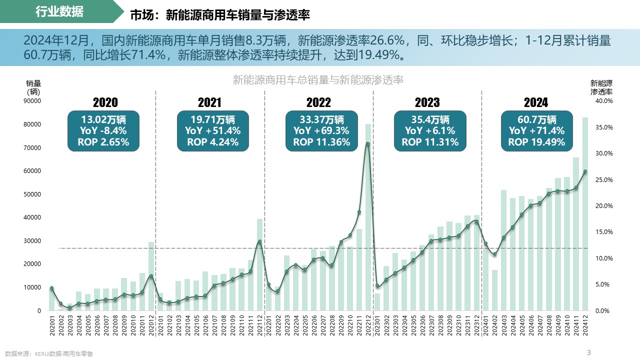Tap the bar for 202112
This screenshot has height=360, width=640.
tap(259, 265)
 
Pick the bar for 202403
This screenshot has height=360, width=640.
tap(503, 250)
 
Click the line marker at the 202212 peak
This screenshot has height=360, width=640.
tap(368, 144)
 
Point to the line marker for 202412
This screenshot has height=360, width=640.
tap(585, 171)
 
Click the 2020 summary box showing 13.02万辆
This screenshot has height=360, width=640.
tap(103, 131)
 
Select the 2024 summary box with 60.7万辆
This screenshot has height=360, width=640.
tap(536, 131)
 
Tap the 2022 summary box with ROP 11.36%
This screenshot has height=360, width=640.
tap(321, 131)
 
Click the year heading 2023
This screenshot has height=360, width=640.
tap(427, 102)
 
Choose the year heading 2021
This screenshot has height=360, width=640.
tap(209, 102)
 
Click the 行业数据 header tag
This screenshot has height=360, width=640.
tap(60, 12)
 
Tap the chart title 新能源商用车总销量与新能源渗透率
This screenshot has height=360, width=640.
tap(318, 80)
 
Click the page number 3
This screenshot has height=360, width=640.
tap(588, 352)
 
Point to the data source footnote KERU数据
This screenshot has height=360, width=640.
tap(49, 353)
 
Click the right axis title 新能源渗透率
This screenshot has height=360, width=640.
tap(601, 87)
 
